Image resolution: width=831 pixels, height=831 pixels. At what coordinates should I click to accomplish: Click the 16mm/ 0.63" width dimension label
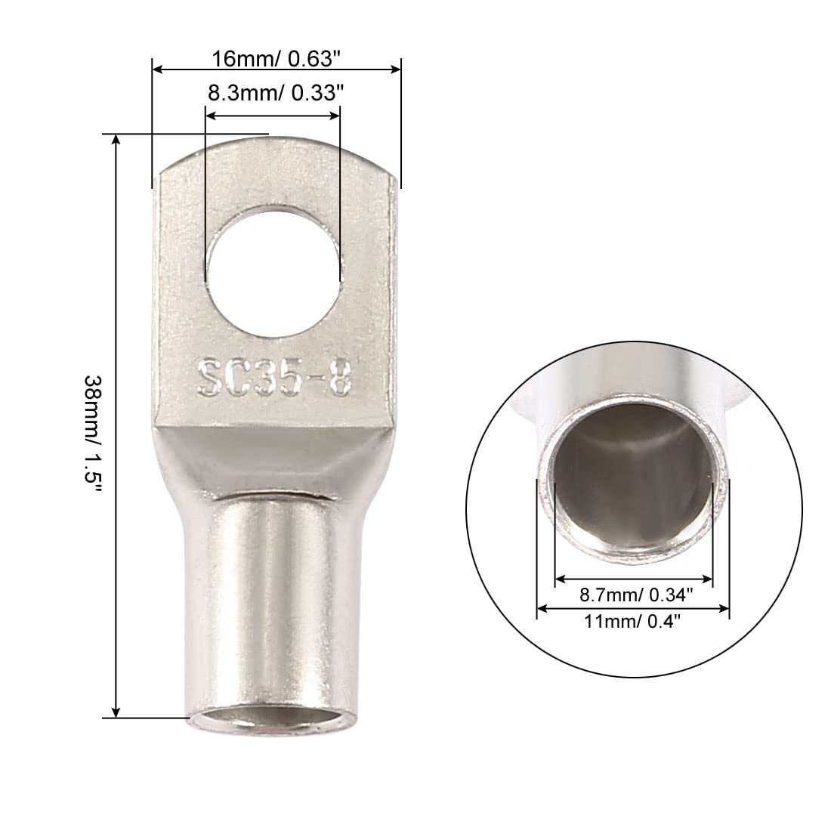tap(275, 58)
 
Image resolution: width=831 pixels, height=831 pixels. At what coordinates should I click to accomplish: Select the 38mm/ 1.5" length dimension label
tap(92, 436)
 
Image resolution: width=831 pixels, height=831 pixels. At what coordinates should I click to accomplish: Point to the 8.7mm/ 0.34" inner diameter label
tap(636, 595)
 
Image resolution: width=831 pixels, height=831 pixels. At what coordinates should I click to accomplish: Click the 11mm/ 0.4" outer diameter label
tap(632, 620)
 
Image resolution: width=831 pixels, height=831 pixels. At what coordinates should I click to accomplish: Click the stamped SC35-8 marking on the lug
tap(274, 377)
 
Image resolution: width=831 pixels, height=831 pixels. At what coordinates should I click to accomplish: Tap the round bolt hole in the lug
tap(274, 270)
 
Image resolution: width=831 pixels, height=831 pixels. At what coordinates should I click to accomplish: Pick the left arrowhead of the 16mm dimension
tap(158, 69)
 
